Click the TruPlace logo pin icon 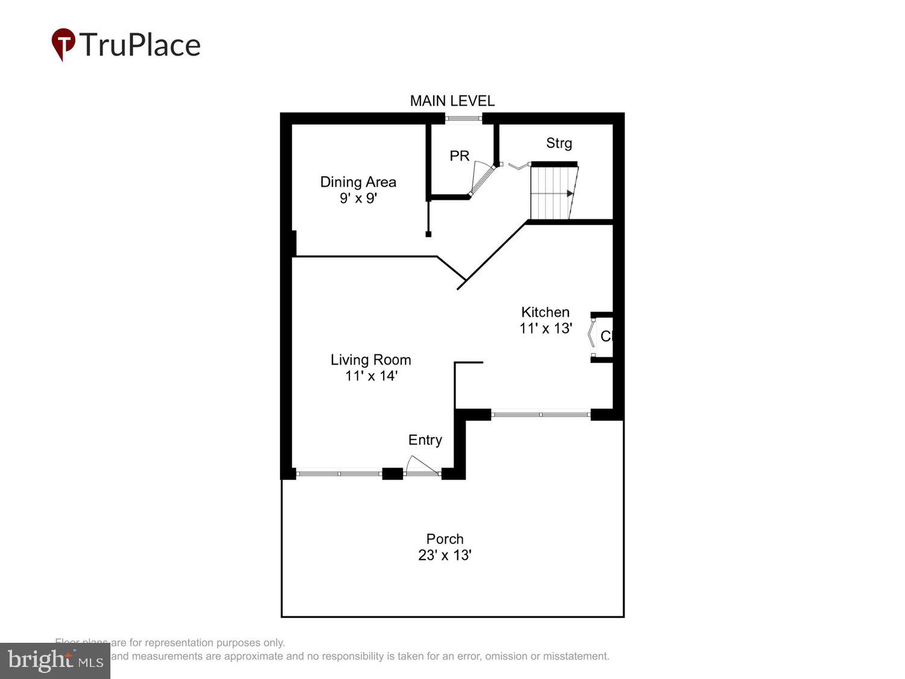pyautogui.click(x=63, y=44)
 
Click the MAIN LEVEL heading pyautogui.click(x=452, y=101)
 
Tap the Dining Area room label pyautogui.click(x=358, y=182)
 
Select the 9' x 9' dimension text pyautogui.click(x=358, y=198)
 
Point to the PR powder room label pyautogui.click(x=459, y=156)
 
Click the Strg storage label pyautogui.click(x=559, y=143)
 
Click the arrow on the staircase pyautogui.click(x=570, y=194)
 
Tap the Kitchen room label pyautogui.click(x=545, y=312)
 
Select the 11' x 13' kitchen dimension pyautogui.click(x=545, y=328)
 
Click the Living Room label pyautogui.click(x=370, y=360)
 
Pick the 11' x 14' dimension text pyautogui.click(x=370, y=376)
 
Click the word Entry pyautogui.click(x=425, y=440)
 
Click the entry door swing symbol pyautogui.click(x=420, y=466)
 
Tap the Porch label pyautogui.click(x=445, y=539)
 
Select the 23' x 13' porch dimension pyautogui.click(x=445, y=555)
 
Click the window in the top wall pyautogui.click(x=464, y=118)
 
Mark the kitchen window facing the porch pyautogui.click(x=541, y=415)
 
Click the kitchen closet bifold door pyautogui.click(x=592, y=337)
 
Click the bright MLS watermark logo pyautogui.click(x=55, y=661)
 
